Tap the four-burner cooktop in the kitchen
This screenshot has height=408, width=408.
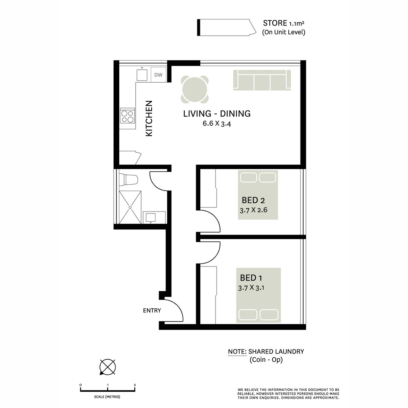[x=128, y=116]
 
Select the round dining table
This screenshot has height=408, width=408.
[x=195, y=89]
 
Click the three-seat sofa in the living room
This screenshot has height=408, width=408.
[x=262, y=80]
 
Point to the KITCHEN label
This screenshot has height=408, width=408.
[x=149, y=119]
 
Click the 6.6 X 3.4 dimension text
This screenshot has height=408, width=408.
[x=217, y=124]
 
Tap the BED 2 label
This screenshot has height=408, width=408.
[x=253, y=200]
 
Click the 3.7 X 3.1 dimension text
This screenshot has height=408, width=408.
[x=252, y=288]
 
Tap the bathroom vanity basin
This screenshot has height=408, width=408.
[x=150, y=217]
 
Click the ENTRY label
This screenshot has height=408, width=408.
[x=152, y=310]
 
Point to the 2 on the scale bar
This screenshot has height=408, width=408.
[x=135, y=385]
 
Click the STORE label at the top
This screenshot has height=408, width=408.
[x=275, y=23]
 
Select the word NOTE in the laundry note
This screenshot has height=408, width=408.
[x=237, y=352]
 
